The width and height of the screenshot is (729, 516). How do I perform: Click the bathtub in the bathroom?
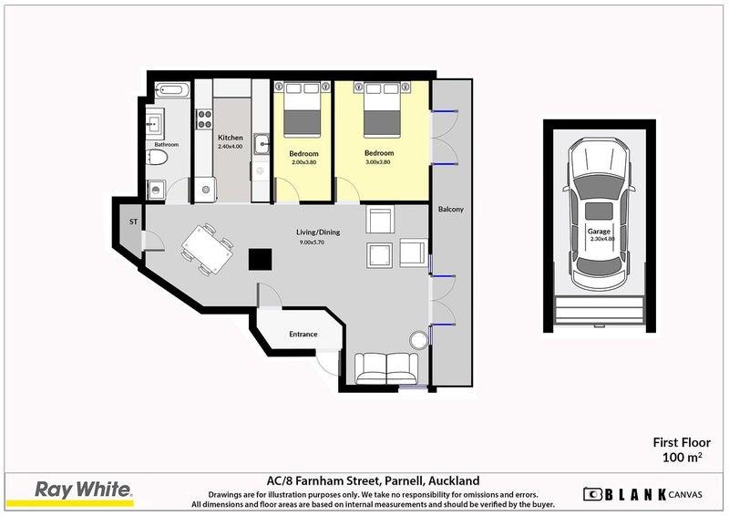(172, 90)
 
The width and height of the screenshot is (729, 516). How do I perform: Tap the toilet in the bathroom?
(157, 158)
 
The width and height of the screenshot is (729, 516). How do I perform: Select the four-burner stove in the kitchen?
(204, 119)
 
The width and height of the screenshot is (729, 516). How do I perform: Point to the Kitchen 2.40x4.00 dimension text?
(231, 146)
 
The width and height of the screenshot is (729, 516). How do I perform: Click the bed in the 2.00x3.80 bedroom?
(303, 109)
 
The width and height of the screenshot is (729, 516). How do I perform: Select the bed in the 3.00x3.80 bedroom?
(382, 109)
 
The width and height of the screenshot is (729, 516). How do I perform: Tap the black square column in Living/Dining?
(260, 259)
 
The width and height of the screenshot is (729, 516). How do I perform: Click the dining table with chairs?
(208, 249)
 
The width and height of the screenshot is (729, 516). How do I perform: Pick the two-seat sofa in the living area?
(386, 368)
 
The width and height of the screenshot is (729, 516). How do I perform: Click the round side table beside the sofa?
(418, 340)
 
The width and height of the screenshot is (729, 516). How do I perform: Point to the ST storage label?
(133, 222)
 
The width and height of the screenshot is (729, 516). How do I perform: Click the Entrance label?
(303, 334)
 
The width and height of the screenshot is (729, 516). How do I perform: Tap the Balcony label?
(451, 210)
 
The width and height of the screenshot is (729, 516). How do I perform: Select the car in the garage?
(599, 213)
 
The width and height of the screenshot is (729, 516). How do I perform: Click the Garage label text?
(599, 231)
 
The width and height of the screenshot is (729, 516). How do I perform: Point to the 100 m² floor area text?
(682, 458)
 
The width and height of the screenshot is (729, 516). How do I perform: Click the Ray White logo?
(84, 492)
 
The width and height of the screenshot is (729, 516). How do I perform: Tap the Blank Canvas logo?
(642, 494)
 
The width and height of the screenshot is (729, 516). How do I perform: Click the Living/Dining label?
(318, 232)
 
